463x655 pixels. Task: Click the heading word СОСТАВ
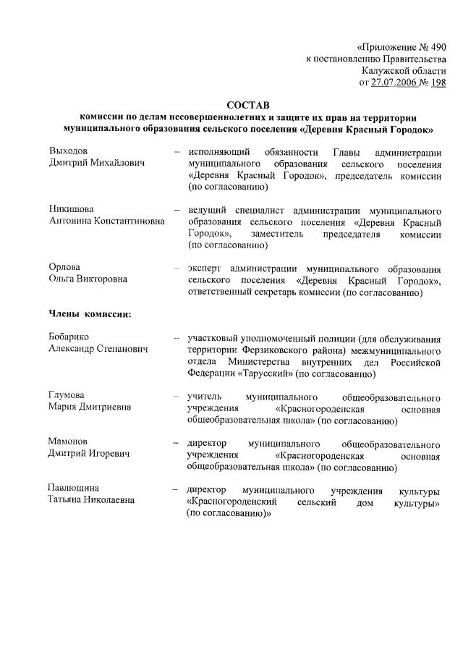tap(247, 106)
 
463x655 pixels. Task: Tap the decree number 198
tap(438, 83)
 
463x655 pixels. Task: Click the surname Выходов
tap(68, 151)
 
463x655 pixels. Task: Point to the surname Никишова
tap(71, 209)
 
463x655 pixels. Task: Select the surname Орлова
tap(64, 267)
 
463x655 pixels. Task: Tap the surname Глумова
tap(67, 395)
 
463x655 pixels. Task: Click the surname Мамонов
tap(68, 441)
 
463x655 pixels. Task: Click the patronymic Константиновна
tap(129, 221)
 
